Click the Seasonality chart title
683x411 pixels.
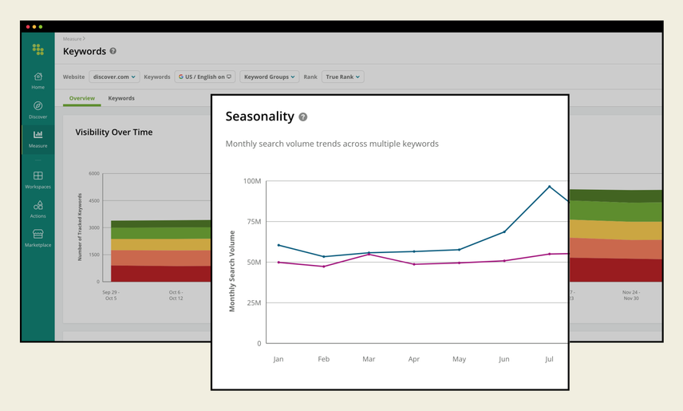click(x=259, y=117)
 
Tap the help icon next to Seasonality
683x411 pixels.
click(x=303, y=117)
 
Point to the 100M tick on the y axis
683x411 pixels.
click(x=251, y=181)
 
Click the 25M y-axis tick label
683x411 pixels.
click(x=253, y=302)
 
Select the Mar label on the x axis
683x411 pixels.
click(x=369, y=360)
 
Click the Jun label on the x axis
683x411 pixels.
click(x=503, y=360)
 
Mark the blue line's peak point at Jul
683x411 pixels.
click(x=549, y=187)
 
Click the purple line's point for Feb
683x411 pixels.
click(x=323, y=266)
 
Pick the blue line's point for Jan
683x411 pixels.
click(x=278, y=245)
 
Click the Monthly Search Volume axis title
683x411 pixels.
click(x=232, y=271)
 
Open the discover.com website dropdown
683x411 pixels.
click(x=113, y=77)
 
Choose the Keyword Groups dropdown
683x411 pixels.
click(x=269, y=77)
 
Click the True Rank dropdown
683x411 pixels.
click(x=343, y=77)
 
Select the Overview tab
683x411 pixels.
click(x=81, y=98)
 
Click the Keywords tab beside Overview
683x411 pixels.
click(x=121, y=98)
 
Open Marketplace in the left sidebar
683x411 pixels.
click(x=38, y=237)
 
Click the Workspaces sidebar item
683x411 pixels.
click(x=38, y=179)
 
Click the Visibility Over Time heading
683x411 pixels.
click(x=113, y=132)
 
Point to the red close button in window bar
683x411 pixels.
click(x=28, y=27)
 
